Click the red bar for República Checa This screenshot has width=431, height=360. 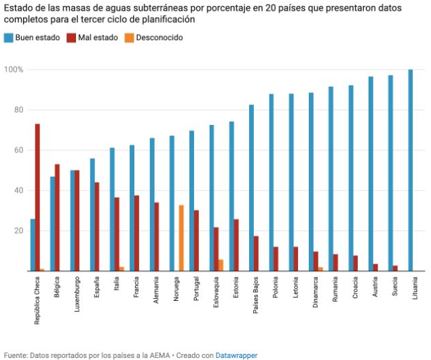click(x=37, y=198)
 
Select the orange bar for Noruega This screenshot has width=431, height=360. click(x=181, y=238)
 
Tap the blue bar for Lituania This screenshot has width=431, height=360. click(x=411, y=170)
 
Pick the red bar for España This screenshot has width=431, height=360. click(x=97, y=227)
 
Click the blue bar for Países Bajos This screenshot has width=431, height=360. click(x=251, y=188)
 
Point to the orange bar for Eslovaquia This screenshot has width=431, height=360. click(x=221, y=266)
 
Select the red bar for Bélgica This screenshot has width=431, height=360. click(x=57, y=217)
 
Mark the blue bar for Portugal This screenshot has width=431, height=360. click(x=191, y=201)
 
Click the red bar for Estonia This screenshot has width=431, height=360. click(x=236, y=245)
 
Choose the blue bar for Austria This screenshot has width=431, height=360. click(x=371, y=174)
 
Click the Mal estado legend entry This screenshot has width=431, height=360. click(x=92, y=37)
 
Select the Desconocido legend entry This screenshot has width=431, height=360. click(x=153, y=37)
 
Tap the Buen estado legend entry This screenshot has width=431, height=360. click(x=32, y=37)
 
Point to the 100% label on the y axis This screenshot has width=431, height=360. click(x=14, y=69)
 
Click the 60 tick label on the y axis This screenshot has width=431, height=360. click(x=18, y=150)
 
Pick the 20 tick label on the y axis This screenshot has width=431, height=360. click(x=18, y=231)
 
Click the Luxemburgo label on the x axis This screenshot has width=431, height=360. click(x=77, y=294)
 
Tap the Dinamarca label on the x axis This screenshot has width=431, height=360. click(x=316, y=292)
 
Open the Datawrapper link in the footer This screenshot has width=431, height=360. click(x=236, y=355)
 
